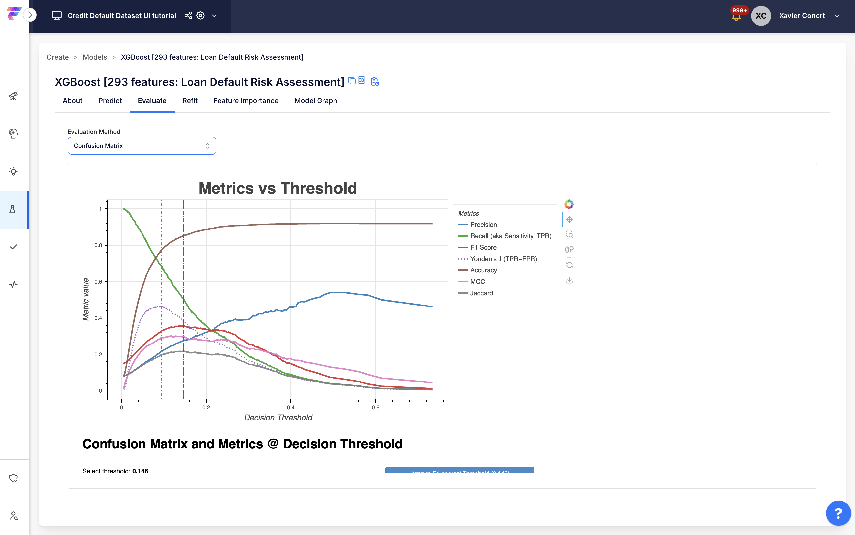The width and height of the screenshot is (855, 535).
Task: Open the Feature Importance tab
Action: pyautogui.click(x=246, y=101)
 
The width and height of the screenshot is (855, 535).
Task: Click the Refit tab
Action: pyautogui.click(x=190, y=101)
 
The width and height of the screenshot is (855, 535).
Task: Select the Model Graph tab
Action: pyautogui.click(x=315, y=101)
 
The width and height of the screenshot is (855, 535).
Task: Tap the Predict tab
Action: pyautogui.click(x=110, y=101)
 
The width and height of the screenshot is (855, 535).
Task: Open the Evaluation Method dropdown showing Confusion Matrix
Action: pyautogui.click(x=142, y=146)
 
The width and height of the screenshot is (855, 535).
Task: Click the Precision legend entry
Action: pyautogui.click(x=483, y=225)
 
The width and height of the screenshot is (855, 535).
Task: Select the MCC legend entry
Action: pyautogui.click(x=477, y=282)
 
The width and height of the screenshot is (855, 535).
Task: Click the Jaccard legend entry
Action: pyautogui.click(x=481, y=293)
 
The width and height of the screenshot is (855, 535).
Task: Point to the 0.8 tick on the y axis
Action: pyautogui.click(x=98, y=245)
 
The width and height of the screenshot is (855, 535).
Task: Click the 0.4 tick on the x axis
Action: pyautogui.click(x=291, y=408)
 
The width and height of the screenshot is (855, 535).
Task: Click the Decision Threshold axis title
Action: pyautogui.click(x=278, y=418)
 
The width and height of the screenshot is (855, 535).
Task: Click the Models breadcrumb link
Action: pyautogui.click(x=95, y=57)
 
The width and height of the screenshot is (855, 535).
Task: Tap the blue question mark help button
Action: pyautogui.click(x=838, y=513)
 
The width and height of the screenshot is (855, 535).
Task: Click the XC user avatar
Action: pyautogui.click(x=761, y=16)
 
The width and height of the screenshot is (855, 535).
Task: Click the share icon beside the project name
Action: pyautogui.click(x=188, y=16)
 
